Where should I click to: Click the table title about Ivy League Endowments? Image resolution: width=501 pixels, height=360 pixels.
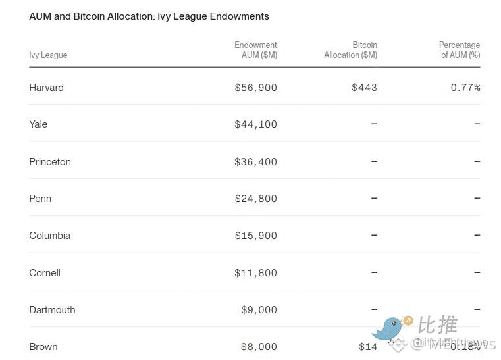[x=149, y=16]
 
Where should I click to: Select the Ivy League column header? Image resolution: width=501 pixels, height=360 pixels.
[x=48, y=55]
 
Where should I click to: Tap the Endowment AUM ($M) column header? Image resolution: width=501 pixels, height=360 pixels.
[x=256, y=50]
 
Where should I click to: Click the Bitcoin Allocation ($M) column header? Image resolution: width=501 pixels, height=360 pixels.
[x=351, y=50]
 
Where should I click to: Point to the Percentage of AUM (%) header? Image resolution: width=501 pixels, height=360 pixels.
[x=460, y=50]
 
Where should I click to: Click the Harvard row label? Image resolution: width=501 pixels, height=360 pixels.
[x=46, y=88]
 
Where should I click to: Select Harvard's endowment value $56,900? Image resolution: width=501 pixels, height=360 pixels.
[x=255, y=88]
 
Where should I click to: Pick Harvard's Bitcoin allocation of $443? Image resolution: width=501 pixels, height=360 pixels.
[x=364, y=88]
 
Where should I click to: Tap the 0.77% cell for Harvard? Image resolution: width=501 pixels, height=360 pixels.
[x=465, y=88]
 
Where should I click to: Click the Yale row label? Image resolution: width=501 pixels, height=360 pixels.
[x=38, y=124]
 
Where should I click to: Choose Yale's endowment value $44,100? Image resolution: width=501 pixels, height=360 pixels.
[x=255, y=124]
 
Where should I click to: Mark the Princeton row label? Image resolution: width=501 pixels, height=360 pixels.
[x=50, y=162]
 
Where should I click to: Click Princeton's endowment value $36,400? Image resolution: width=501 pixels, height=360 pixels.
[x=255, y=162]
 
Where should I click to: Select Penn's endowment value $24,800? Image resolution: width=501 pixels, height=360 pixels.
[x=255, y=199]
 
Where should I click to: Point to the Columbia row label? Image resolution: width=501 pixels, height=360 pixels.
[x=49, y=236]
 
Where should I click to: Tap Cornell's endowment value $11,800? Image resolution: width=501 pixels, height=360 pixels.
[x=255, y=273]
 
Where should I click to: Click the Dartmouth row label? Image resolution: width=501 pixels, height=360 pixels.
[x=52, y=310]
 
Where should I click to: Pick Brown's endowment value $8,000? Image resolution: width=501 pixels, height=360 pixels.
[x=258, y=347]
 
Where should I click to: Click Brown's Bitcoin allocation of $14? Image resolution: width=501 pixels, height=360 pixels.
[x=367, y=347]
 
